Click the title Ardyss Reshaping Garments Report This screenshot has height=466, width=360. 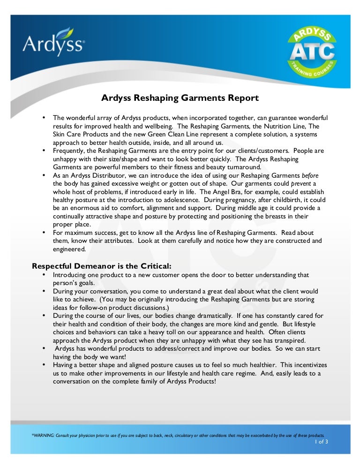[180, 98]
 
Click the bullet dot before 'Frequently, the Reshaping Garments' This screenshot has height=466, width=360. [44, 150]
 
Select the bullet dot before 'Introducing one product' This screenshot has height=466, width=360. [44, 275]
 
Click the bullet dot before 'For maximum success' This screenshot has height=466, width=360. [44, 233]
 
